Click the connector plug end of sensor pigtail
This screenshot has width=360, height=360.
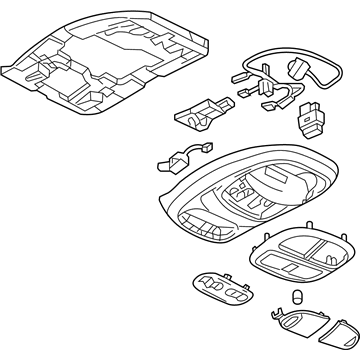click(x=184, y=151)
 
